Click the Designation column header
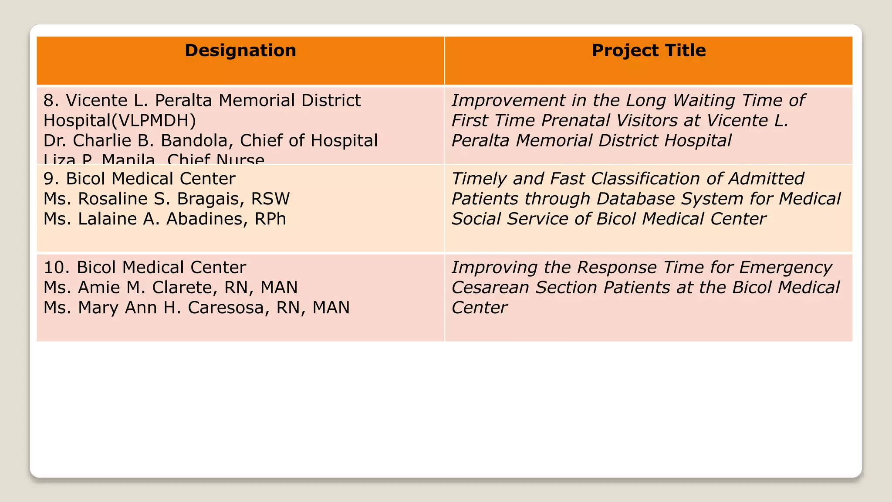[x=240, y=51]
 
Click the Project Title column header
[x=649, y=51]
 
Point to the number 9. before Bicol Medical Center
[x=51, y=179]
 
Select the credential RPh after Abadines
[x=270, y=219]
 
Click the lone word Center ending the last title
[x=479, y=308]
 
